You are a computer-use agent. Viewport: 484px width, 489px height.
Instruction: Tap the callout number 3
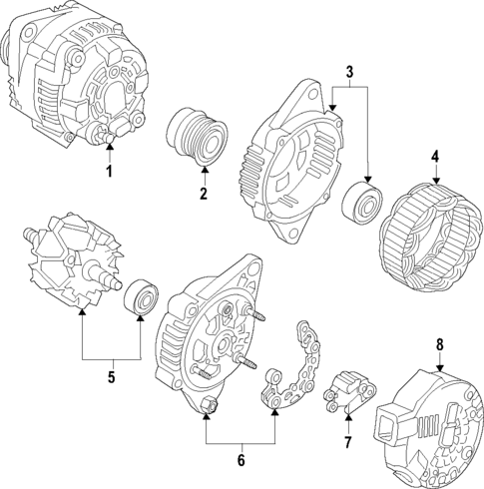tap(348, 71)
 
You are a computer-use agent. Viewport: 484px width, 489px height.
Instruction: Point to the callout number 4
tap(435, 157)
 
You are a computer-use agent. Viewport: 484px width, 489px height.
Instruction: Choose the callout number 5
tap(111, 377)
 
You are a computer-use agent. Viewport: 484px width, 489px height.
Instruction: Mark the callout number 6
tap(240, 460)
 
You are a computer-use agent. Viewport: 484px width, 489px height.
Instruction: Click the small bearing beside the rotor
tap(140, 298)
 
